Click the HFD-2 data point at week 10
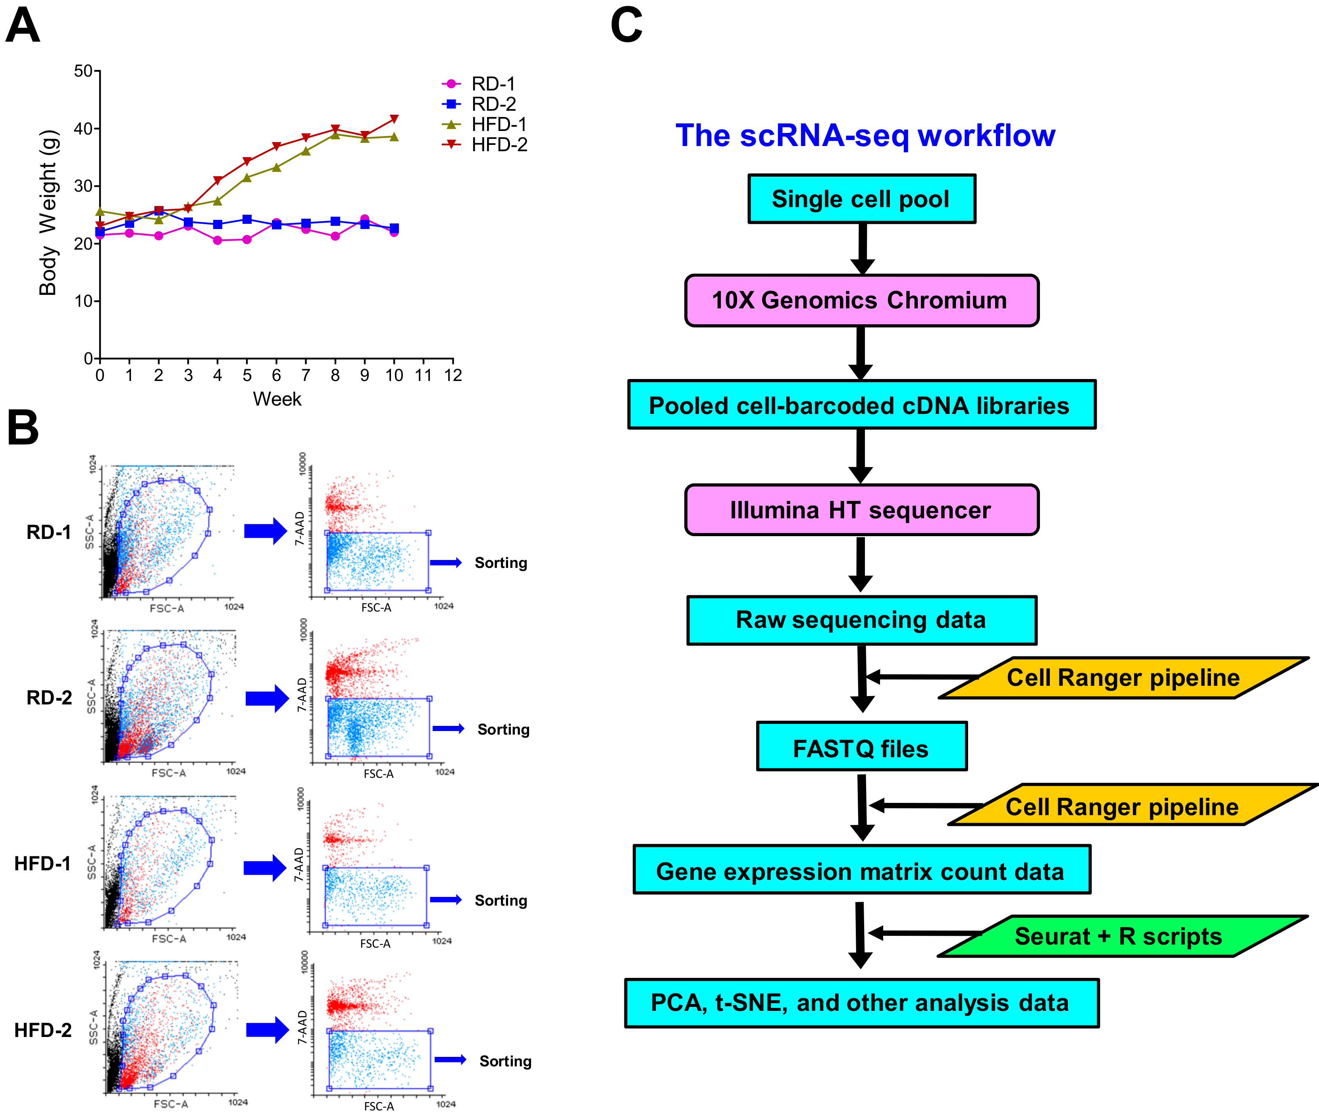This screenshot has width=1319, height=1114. [x=394, y=119]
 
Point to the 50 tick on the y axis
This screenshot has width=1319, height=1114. [x=83, y=71]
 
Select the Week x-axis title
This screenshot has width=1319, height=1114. [x=277, y=399]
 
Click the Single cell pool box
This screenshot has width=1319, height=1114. [x=861, y=199]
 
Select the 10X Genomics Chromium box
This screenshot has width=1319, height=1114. [x=861, y=300]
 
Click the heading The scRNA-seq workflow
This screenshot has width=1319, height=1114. [x=865, y=136]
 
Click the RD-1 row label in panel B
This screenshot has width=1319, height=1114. [x=49, y=532]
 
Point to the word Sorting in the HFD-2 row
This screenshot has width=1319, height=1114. [x=505, y=1061]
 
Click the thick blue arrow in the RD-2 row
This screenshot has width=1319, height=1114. [x=267, y=698]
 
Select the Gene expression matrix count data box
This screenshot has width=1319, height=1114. [x=861, y=870]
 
